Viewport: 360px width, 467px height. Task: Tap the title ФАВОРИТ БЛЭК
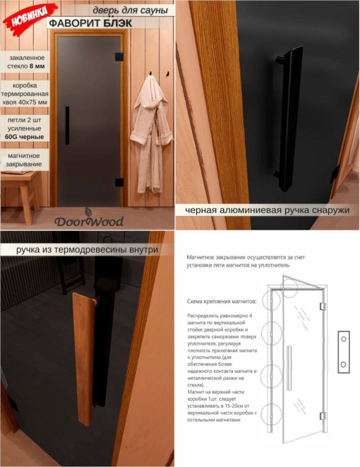pyautogui.click(x=90, y=23)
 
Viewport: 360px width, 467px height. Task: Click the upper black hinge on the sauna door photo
pyautogui.click(x=119, y=57)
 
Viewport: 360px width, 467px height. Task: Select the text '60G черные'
pyautogui.click(x=24, y=137)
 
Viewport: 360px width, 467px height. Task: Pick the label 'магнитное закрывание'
pyautogui.click(x=24, y=160)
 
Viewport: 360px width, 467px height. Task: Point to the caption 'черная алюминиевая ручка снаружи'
pyautogui.click(x=267, y=210)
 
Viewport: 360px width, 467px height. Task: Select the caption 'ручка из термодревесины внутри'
pyautogui.click(x=87, y=249)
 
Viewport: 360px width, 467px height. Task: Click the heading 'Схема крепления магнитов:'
pyautogui.click(x=222, y=301)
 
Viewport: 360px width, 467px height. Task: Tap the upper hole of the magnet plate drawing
pyautogui.click(x=343, y=339)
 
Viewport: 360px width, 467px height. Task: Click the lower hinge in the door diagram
pyautogui.click(x=323, y=416)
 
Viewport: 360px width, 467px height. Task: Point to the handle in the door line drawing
pyautogui.click(x=288, y=368)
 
